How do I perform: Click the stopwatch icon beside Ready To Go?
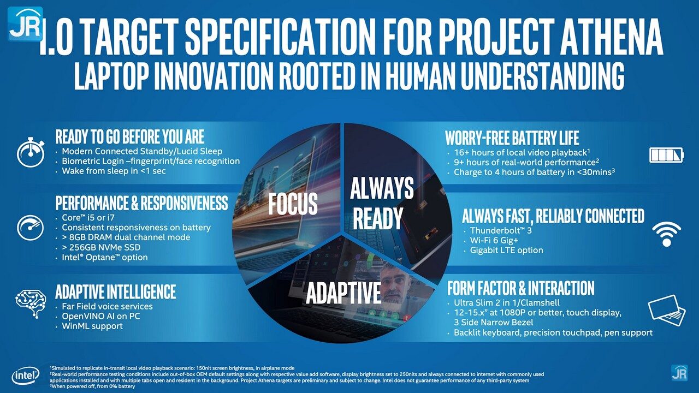click(x=31, y=153)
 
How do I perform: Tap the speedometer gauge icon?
click(x=31, y=227)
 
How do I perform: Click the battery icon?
click(x=666, y=156)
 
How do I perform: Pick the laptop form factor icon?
click(x=667, y=310)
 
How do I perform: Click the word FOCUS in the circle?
click(x=293, y=204)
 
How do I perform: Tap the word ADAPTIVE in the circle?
click(x=343, y=293)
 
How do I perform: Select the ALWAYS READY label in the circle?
click(x=382, y=203)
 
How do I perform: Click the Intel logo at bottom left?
click(x=26, y=375)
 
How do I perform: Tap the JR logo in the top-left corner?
click(x=25, y=23)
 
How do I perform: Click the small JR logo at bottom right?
click(x=679, y=372)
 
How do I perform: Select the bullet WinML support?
click(x=92, y=326)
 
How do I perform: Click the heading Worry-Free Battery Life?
click(x=512, y=138)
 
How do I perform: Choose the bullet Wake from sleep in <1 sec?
click(x=114, y=171)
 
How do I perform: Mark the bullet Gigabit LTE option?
click(x=506, y=250)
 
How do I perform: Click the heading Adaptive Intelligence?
click(x=115, y=291)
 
